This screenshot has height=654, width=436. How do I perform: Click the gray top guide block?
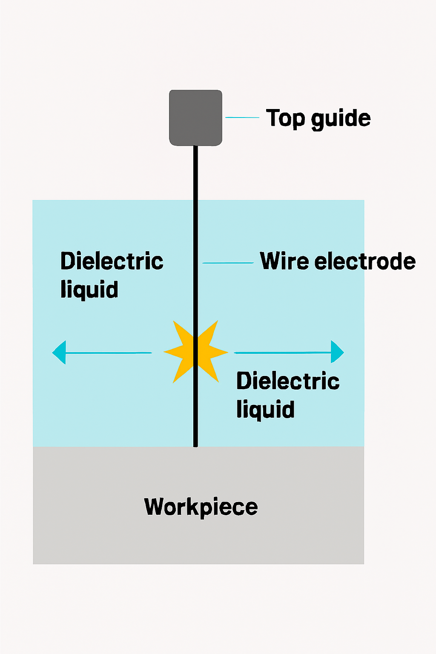tap(195, 118)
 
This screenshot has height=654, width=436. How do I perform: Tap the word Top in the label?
tap(285, 118)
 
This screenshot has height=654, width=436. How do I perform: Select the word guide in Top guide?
tap(341, 118)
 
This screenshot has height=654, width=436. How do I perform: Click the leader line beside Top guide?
tap(242, 118)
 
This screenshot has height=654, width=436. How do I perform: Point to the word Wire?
tap(284, 261)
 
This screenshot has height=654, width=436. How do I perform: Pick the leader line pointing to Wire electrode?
tap(228, 263)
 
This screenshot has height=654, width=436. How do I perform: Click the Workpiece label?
tap(201, 507)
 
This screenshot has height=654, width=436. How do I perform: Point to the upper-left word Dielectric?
tap(112, 261)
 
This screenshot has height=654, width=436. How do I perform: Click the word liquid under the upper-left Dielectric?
tap(89, 290)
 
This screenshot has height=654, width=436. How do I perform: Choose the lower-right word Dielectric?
tap(288, 381)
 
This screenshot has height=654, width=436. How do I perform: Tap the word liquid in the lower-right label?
tap(265, 410)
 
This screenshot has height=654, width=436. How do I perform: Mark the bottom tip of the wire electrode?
tap(195, 445)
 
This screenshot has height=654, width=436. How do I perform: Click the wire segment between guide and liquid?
tap(195, 172)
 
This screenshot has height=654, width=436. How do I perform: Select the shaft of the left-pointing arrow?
tap(109, 353)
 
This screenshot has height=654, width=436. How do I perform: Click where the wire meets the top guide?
tap(195, 146)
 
